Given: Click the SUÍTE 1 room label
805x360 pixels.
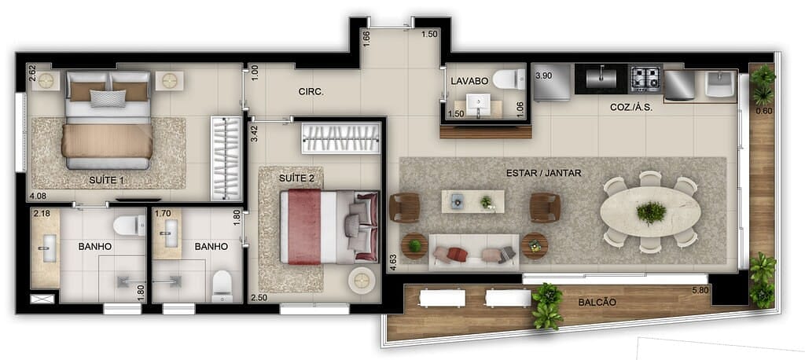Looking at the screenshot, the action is [108, 180].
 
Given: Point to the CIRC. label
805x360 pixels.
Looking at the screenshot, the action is [310, 91].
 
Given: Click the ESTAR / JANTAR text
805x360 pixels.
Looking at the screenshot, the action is [544, 173].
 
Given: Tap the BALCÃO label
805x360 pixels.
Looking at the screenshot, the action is [597, 303].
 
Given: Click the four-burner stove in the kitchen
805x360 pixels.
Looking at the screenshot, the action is [646, 78].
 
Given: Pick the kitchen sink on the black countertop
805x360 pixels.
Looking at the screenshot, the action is [601, 78].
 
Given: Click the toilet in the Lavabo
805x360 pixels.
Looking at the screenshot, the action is [509, 79].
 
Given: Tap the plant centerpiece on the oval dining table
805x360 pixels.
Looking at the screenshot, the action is [651, 212].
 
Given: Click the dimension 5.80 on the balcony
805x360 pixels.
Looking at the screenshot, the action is [700, 291].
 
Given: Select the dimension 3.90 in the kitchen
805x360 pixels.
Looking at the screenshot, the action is [543, 75].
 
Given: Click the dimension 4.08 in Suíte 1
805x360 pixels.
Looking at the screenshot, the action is [38, 196].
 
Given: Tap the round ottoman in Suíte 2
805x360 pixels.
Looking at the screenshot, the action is [362, 280].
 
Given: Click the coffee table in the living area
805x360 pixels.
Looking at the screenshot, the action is [472, 201].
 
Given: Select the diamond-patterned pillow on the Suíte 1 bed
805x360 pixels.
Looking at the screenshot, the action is [108, 98].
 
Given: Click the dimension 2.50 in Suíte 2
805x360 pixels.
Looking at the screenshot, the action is [259, 297].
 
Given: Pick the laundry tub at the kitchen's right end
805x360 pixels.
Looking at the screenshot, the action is [720, 84].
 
